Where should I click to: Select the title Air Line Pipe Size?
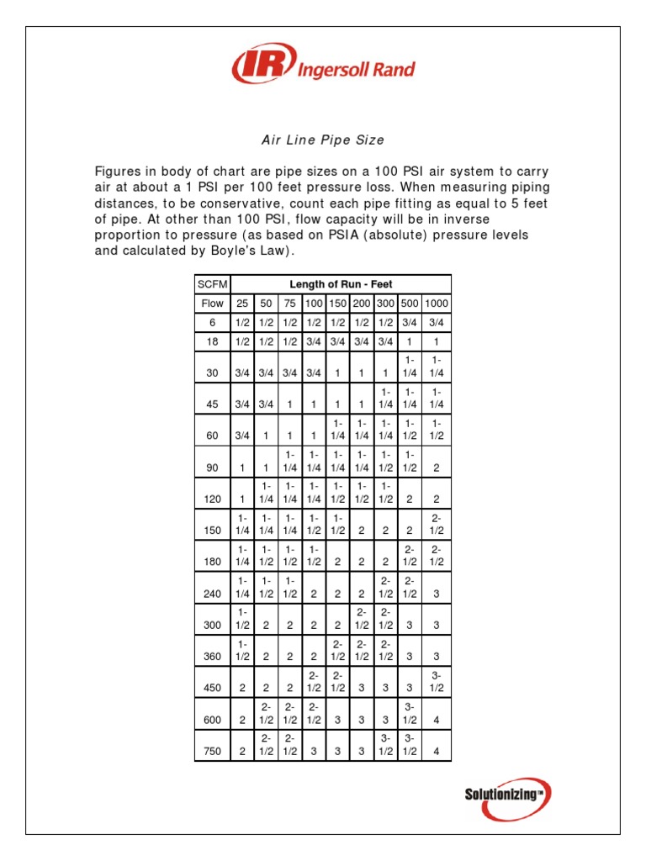click(x=323, y=140)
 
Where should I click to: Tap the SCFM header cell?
click(x=212, y=284)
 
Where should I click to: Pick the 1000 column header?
click(x=437, y=304)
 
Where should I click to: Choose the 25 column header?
click(x=242, y=304)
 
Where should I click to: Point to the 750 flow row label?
click(x=211, y=751)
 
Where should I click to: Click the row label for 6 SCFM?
click(x=212, y=322)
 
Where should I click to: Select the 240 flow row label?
click(x=211, y=594)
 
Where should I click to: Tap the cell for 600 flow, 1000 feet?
click(x=437, y=720)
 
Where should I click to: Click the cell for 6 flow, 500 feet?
click(x=410, y=322)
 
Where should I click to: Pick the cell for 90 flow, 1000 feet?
click(x=437, y=467)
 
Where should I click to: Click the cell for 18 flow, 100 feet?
click(x=313, y=341)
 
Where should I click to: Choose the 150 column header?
click(x=337, y=304)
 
